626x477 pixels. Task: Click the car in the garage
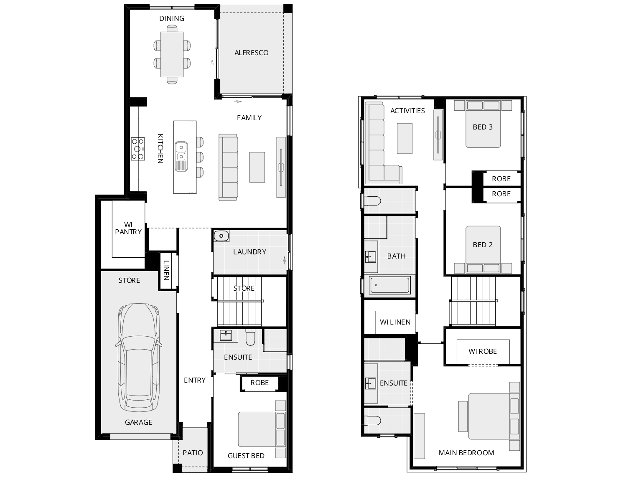pyautogui.click(x=138, y=357)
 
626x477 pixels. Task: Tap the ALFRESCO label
pyautogui.click(x=251, y=53)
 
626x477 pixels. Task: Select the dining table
pyautogui.click(x=172, y=54)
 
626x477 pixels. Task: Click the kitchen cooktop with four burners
pyautogui.click(x=138, y=149)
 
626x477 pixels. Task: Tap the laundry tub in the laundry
pyautogui.click(x=221, y=236)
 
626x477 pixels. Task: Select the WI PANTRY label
pyautogui.click(x=128, y=228)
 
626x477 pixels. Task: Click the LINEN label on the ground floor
pyautogui.click(x=166, y=270)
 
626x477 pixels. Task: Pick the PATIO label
pyautogui.click(x=193, y=453)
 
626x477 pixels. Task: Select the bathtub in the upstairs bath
pyautogui.click(x=389, y=286)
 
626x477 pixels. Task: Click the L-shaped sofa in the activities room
pyautogui.click(x=376, y=146)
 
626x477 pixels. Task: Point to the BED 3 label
pyautogui.click(x=483, y=127)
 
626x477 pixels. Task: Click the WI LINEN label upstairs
pyautogui.click(x=395, y=322)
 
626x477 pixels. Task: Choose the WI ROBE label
pyautogui.click(x=483, y=351)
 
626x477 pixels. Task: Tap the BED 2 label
pyautogui.click(x=483, y=245)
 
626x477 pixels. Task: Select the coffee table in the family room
pyautogui.click(x=257, y=167)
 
